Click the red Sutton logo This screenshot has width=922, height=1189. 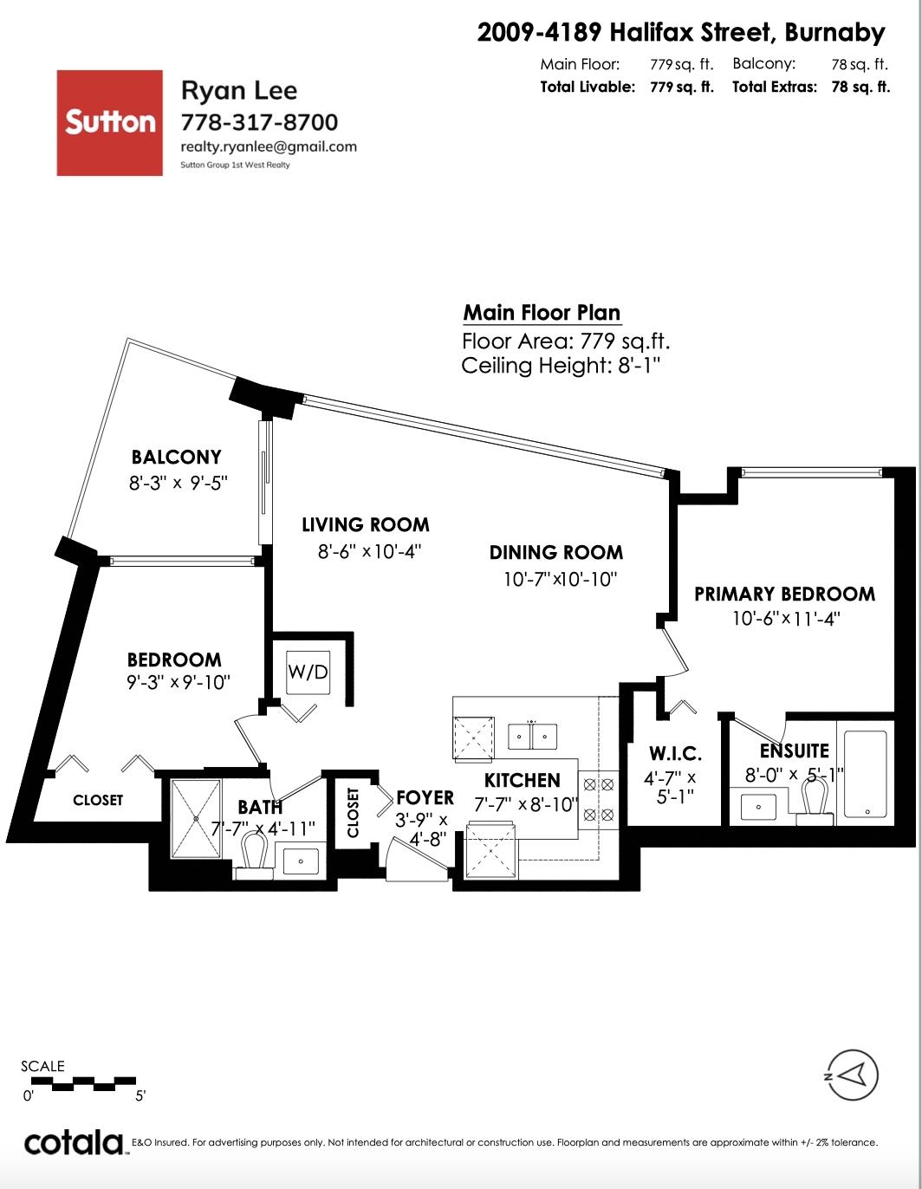coord(109,122)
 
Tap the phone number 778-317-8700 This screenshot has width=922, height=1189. coord(259,122)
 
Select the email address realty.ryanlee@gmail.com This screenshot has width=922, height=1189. coord(269,146)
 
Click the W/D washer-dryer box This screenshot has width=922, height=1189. coord(308,672)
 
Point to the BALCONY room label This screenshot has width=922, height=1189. coord(176,457)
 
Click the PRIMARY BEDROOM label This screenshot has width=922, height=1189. coord(785,594)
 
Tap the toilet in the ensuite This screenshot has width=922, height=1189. coord(815,801)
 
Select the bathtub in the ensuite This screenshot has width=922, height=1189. coord(866,773)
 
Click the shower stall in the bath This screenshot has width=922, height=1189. coord(197,819)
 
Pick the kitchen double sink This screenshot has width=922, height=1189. coord(532,736)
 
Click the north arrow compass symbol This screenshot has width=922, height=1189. coord(852,1075)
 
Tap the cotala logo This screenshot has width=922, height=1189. coord(75,1143)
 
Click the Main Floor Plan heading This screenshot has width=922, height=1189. coord(542,313)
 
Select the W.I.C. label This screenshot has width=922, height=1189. coord(675,753)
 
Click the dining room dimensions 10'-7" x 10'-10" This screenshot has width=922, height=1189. coord(560,579)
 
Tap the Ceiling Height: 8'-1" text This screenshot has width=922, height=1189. coord(561,365)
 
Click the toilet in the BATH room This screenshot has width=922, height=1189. coord(254,854)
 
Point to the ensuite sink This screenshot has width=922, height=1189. coord(758,807)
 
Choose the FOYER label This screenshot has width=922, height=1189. coord(425,798)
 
